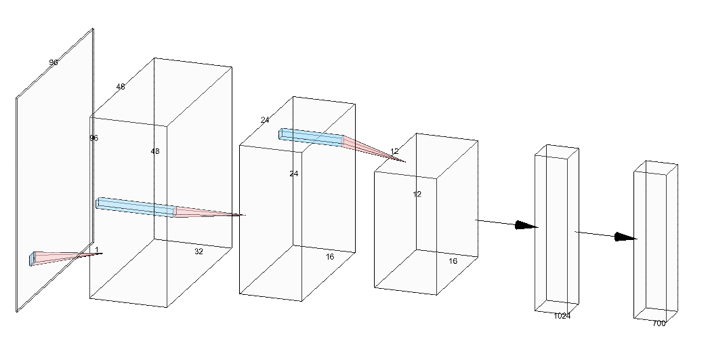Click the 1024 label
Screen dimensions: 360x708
(x=562, y=316)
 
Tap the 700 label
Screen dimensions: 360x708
(x=659, y=323)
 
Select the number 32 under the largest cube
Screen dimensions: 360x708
(x=199, y=251)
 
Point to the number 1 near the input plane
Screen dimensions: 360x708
(x=97, y=249)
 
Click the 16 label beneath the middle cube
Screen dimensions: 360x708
(x=330, y=257)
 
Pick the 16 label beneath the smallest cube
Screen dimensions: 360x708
(x=453, y=261)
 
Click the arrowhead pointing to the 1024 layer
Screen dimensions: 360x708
(x=526, y=225)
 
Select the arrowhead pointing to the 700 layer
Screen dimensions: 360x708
(x=625, y=237)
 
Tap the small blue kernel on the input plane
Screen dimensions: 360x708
(x=32, y=258)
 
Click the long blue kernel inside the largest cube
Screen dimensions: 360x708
(x=136, y=207)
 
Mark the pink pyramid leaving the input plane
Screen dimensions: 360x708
(x=64, y=256)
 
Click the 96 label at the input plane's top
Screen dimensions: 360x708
(x=54, y=62)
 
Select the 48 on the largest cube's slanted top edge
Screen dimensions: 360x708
(x=121, y=87)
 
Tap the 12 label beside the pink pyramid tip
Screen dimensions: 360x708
(x=394, y=151)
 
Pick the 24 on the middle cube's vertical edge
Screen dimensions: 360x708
(x=294, y=174)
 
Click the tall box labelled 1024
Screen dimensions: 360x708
(x=557, y=231)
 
